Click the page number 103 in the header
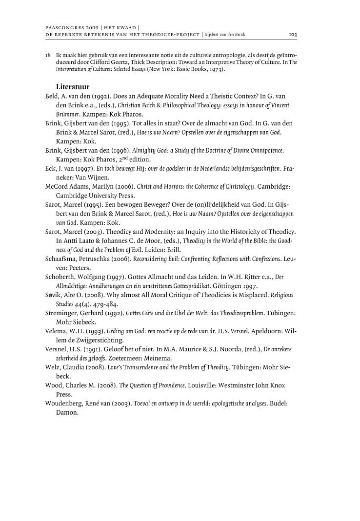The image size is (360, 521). click(x=293, y=35)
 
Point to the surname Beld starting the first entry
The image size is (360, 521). click(x=53, y=97)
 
